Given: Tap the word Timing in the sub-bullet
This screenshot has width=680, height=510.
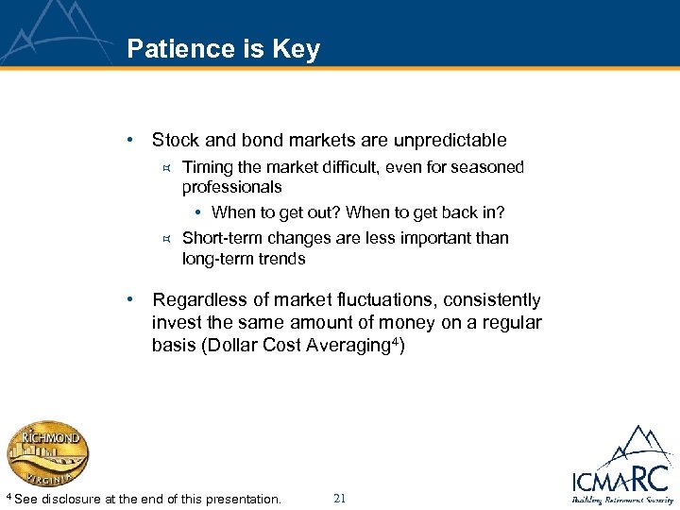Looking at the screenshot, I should [206, 167].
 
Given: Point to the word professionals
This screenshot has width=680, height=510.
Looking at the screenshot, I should [231, 187].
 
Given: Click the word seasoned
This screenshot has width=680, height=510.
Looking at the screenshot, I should [482, 167].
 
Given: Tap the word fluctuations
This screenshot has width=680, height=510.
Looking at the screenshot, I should [366, 300].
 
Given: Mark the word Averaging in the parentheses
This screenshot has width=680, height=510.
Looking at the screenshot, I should [348, 345].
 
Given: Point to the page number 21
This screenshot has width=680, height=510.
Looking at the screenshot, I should [341, 498].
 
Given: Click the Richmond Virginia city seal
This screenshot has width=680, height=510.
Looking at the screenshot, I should [48, 453].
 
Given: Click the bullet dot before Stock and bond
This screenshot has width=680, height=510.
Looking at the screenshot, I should [139, 141].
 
